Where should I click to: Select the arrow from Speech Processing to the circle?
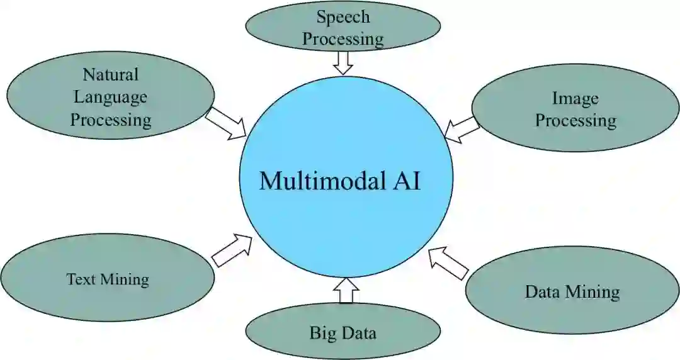343,62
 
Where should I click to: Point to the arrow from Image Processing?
461,128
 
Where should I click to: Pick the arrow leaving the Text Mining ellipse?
232,250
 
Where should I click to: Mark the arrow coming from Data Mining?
448,263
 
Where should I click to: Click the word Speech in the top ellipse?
343,17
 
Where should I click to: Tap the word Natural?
110,74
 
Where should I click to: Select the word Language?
110,96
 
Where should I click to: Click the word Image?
575,98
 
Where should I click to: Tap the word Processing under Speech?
343,39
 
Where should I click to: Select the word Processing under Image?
575,120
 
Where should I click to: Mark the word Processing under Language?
111,119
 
